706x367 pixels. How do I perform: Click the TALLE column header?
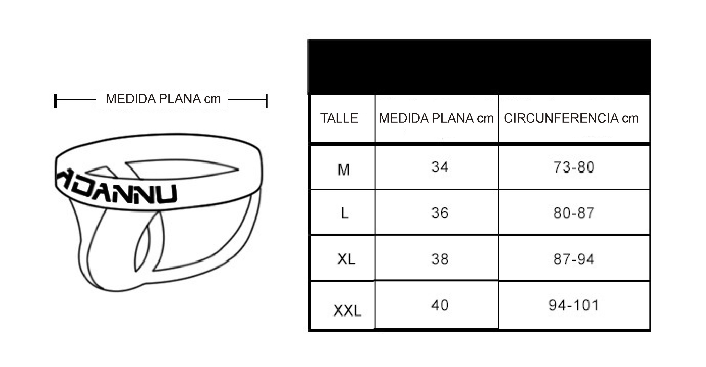point(339,118)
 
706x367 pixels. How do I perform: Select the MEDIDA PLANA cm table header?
point(436,118)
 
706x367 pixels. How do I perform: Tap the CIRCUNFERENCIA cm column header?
point(571,118)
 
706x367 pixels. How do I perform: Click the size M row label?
point(343,170)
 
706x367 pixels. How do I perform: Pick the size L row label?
point(344,213)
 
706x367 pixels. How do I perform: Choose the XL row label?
point(346,259)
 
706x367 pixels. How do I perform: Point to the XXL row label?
point(347,311)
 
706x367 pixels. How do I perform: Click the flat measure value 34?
point(440,167)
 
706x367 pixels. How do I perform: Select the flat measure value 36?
point(440,213)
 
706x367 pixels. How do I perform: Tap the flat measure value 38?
point(440,259)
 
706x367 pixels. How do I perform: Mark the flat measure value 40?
point(440,305)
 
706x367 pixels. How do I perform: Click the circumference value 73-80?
point(574,167)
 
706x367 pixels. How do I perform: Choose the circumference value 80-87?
point(574,213)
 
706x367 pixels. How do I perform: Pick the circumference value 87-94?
point(574,259)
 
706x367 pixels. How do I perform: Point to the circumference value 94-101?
point(574,305)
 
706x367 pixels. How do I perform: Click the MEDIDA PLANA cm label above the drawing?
point(163,99)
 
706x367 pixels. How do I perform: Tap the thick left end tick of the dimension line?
point(55,101)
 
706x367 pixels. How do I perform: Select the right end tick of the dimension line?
point(267,101)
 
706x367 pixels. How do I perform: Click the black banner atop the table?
point(479,67)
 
